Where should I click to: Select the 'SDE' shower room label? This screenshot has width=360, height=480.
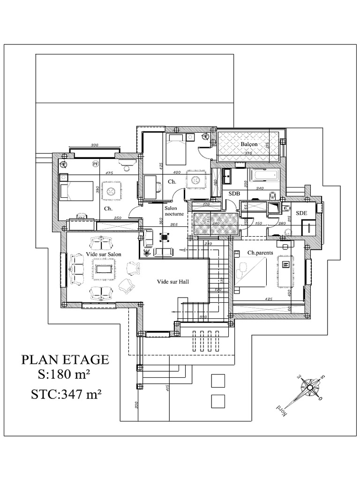click(302, 212)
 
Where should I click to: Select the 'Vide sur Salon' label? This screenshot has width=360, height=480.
click(104, 254)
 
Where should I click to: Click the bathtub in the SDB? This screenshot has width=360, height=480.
click(265, 176)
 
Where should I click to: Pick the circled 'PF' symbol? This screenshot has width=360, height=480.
click(95, 164)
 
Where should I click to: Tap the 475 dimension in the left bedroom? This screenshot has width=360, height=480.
click(109, 173)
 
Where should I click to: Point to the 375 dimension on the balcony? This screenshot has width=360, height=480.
click(248, 153)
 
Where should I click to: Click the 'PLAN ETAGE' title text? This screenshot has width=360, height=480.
click(65, 360)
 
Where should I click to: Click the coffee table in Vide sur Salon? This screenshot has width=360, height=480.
click(104, 269)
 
